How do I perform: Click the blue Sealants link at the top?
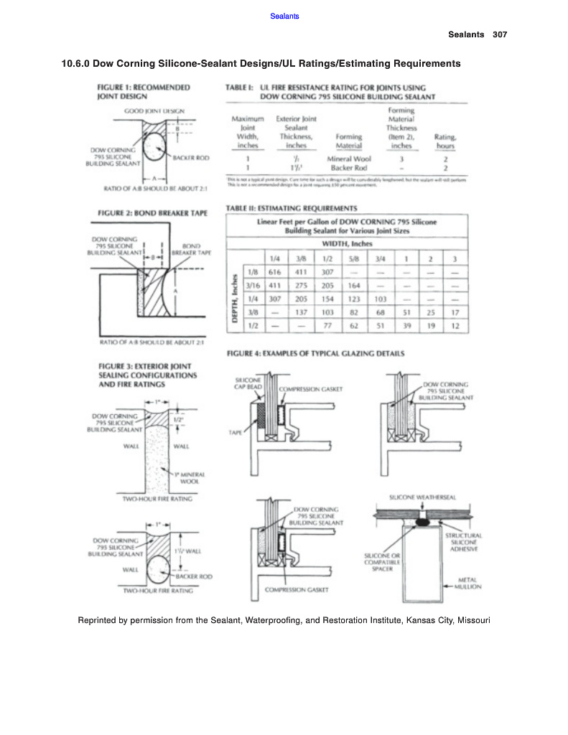[x=284, y=16]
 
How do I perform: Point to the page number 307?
[x=501, y=34]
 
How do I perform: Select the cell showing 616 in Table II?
[x=274, y=273]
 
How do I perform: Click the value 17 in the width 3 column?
[x=454, y=312]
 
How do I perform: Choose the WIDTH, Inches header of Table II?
[x=345, y=244]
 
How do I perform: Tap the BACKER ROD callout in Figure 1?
[x=191, y=157]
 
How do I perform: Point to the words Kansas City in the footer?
[x=429, y=619]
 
